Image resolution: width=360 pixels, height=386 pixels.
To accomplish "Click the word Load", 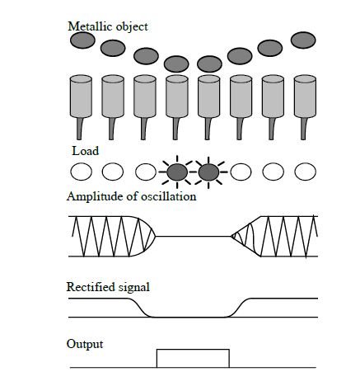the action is point(86,151).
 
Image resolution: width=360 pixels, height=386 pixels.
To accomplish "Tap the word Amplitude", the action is point(95,197).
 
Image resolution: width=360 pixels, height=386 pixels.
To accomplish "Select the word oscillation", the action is point(168,196).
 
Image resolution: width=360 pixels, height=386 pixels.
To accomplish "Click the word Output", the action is point(85,344).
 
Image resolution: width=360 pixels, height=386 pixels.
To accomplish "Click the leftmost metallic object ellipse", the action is point(82,40).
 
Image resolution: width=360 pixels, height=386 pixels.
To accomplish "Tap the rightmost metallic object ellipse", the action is point(303,40).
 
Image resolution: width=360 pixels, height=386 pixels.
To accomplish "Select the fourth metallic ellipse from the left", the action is point(176,64).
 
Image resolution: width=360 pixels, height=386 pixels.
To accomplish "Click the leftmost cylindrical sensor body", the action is point(81,96).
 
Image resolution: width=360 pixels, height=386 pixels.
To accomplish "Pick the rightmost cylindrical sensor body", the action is point(305,96).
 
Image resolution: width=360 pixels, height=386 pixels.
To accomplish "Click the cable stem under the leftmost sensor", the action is point(80,129).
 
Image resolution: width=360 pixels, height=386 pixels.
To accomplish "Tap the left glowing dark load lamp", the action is point(177,172).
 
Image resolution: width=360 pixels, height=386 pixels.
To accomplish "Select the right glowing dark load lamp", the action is point(208,172).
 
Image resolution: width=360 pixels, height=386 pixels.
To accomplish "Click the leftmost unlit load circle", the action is point(82,172).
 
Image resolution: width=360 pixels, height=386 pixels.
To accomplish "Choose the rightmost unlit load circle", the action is point(306,172).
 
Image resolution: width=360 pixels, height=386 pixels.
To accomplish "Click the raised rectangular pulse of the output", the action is point(193,350).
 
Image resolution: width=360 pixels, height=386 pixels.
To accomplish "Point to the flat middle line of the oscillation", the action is point(194,236).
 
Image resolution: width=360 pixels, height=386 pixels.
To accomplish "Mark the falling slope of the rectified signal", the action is point(140,308).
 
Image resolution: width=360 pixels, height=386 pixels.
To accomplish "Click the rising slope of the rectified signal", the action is point(239,308).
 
